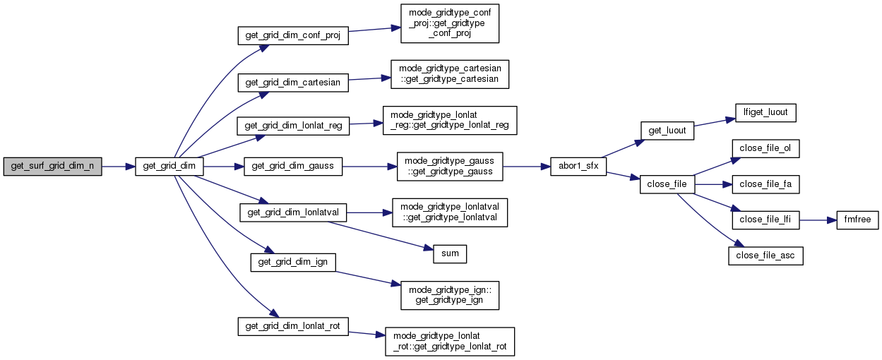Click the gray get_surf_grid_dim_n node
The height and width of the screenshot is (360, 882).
pos(53,167)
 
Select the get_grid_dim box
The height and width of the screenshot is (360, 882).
pos(169,167)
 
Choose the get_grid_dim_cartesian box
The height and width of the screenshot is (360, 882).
pos(292,83)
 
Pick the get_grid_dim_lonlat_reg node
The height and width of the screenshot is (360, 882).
pos(293,126)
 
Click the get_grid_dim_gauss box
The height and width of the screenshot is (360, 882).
pos(293,167)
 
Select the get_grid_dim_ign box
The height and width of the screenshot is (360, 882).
pos(293,262)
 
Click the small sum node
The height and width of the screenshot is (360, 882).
pos(449,253)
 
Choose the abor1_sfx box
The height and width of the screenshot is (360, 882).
pos(578,167)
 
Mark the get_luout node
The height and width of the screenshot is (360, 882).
pos(666,131)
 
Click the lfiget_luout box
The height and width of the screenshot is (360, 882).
pos(765,112)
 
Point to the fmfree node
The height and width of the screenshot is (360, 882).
pos(857,220)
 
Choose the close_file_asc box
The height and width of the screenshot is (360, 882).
pos(765,256)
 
